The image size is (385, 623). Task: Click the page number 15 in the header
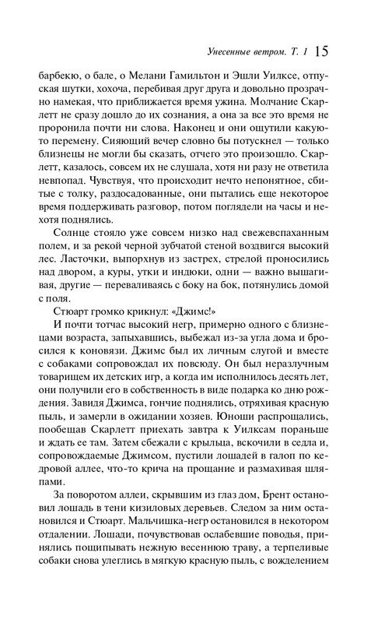coord(323,52)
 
